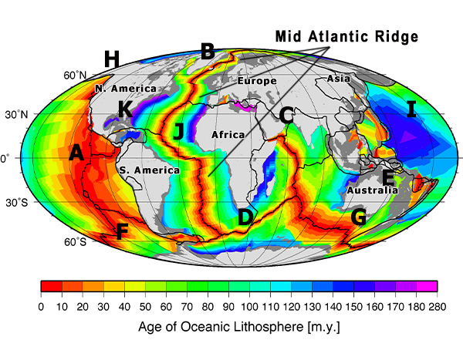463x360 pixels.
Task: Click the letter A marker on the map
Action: pos(76,153)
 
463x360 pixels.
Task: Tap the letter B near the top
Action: pos(207,52)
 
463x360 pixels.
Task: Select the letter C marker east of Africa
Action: pos(286,116)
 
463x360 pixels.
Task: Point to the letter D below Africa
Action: pos(245,217)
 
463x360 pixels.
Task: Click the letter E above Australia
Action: pos(388,178)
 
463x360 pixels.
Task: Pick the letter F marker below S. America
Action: pos(120,231)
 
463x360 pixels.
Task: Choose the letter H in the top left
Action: pos(112,59)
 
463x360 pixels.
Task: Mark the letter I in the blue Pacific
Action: pos(411,109)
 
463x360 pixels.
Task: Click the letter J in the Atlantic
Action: pos(179,131)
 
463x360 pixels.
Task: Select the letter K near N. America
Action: pos(124,109)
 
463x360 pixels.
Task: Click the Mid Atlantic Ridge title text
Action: pos(347,36)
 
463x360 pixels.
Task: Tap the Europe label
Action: pos(256,81)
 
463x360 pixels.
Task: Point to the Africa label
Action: pos(228,135)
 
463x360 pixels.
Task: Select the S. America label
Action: pos(149,170)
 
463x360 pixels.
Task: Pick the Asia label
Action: pos(338,79)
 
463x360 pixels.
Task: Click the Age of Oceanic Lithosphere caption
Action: pos(238,326)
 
